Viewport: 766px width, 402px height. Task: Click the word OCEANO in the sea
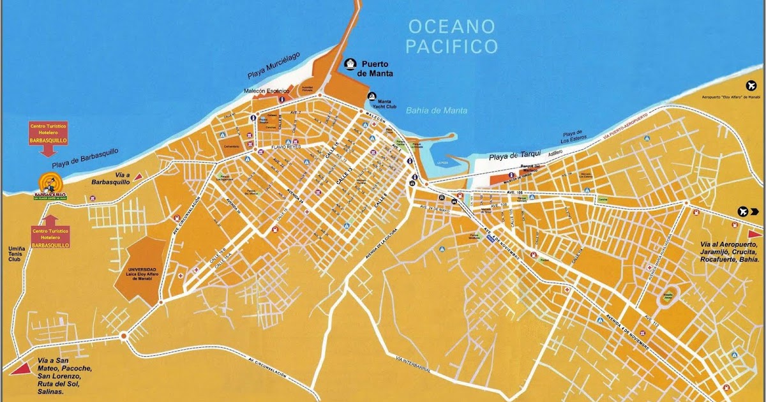pos(452,27)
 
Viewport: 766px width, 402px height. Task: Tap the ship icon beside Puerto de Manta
pos(350,64)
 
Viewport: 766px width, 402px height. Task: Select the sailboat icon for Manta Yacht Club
pos(372,96)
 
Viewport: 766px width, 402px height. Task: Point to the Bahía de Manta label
pos(437,110)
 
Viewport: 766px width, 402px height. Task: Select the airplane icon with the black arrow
pos(743,211)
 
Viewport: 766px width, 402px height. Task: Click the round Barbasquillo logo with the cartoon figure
pos(50,184)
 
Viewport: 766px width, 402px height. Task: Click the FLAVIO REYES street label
pos(285,146)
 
